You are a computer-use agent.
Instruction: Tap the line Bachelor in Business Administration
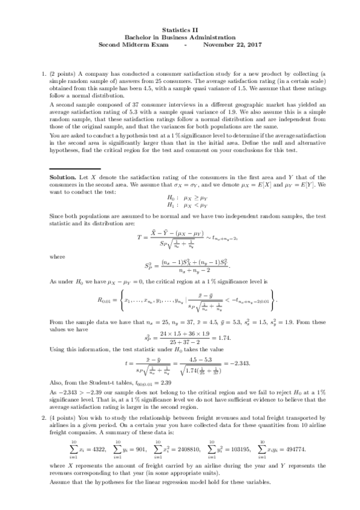pos(180,37)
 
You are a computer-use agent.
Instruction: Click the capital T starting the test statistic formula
pos(139,238)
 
